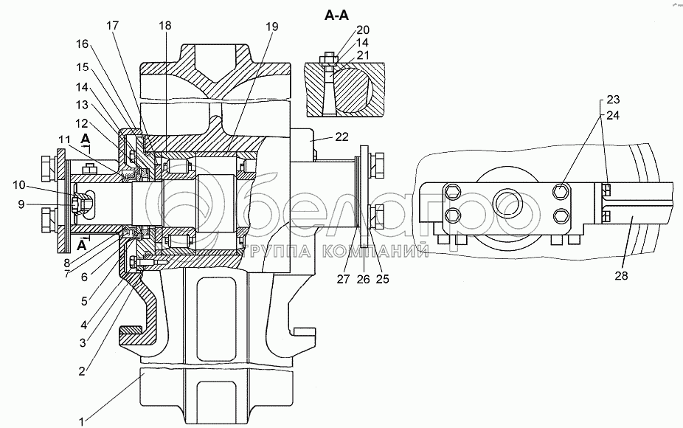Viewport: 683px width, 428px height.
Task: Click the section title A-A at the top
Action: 337,15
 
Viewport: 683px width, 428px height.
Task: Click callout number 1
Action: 81,421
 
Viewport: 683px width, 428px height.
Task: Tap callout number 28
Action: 622,275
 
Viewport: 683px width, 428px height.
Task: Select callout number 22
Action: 342,137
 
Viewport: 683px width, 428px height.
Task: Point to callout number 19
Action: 272,27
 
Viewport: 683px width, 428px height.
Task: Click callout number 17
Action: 112,25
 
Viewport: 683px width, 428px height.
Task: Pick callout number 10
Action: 18,185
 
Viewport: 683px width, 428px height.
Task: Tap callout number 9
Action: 21,204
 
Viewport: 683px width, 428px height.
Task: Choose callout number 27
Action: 343,279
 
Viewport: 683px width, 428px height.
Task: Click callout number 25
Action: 382,279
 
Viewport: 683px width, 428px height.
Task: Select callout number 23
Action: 613,100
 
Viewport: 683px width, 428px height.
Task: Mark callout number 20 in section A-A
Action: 363,30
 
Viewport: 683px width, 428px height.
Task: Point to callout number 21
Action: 363,55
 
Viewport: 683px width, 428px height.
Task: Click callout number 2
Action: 81,371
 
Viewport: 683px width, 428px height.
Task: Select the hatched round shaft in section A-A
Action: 352,90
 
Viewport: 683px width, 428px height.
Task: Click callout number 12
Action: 81,123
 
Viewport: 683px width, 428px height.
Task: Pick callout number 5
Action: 85,301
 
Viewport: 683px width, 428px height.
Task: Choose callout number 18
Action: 165,26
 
